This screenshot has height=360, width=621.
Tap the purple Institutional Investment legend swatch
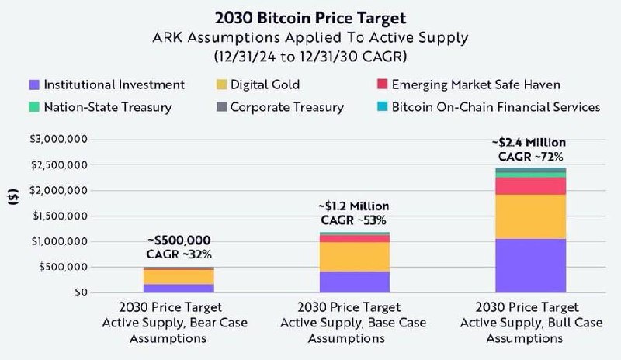click(x=33, y=85)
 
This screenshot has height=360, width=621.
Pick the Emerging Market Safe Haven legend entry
click(x=474, y=85)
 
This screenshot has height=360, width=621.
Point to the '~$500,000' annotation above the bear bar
click(x=178, y=241)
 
